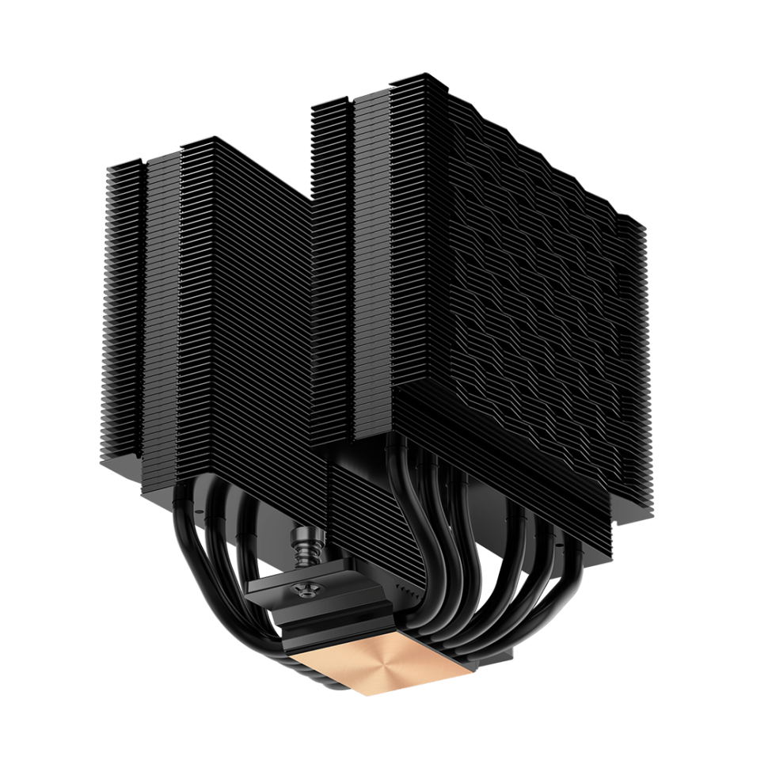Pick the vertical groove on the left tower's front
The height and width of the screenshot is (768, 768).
143,317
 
